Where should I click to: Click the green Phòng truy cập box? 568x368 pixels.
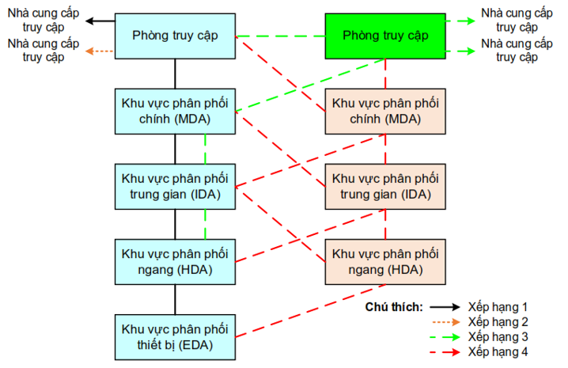(x=385, y=36)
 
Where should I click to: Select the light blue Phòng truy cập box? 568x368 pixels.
(x=175, y=36)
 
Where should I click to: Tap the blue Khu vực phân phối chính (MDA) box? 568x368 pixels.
(x=175, y=111)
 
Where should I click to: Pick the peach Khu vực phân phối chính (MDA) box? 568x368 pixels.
(x=385, y=111)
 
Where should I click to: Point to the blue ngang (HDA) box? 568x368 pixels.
(x=175, y=261)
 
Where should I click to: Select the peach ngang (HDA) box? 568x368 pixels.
(x=385, y=261)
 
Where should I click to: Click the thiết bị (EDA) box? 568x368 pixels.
(x=175, y=337)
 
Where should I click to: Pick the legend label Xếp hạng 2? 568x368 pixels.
(x=498, y=321)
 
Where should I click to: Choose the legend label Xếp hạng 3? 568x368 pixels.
(x=498, y=336)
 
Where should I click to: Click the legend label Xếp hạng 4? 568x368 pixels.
(x=498, y=351)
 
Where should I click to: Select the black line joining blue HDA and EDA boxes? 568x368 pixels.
(x=175, y=299)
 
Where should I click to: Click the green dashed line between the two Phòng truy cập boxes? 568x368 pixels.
(x=282, y=36)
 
